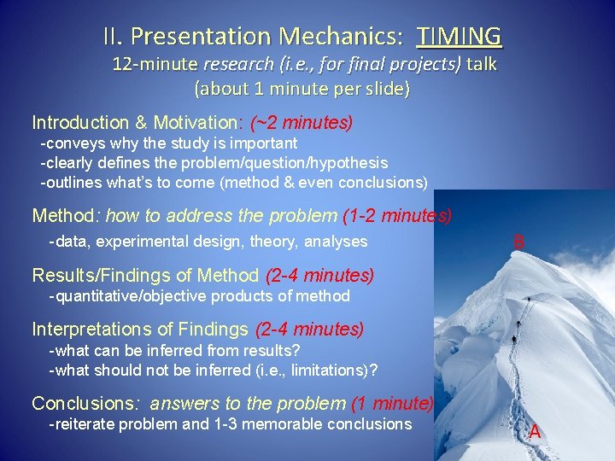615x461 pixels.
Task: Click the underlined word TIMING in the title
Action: [460, 37]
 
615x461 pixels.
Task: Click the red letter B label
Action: [518, 242]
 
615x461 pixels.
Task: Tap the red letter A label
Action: [535, 431]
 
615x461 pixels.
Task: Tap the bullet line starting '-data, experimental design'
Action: [208, 242]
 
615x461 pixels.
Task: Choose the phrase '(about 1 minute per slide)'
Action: [302, 89]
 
